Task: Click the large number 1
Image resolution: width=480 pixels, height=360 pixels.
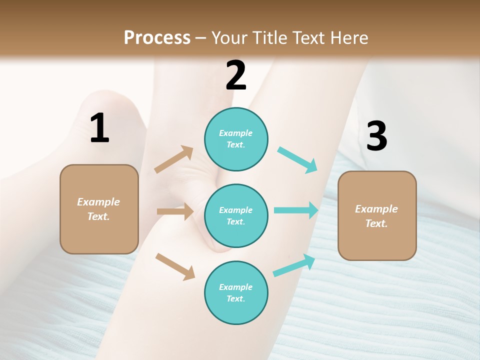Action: (x=99, y=128)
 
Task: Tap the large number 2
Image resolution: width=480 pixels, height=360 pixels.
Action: (x=236, y=75)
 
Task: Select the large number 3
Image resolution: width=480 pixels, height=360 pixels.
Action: (x=376, y=136)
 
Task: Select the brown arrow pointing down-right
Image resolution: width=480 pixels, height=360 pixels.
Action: (x=175, y=266)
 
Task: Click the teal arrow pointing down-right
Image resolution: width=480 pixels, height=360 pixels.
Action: (x=297, y=160)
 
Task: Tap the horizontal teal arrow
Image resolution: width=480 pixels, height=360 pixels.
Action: (x=296, y=210)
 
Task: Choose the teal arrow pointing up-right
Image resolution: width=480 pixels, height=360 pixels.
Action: (x=294, y=265)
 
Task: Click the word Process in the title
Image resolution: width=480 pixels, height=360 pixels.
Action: (x=157, y=37)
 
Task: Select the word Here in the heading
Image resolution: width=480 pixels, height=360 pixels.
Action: (x=348, y=37)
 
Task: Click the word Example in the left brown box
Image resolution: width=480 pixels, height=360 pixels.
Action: (x=98, y=202)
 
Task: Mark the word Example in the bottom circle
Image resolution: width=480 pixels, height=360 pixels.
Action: (x=236, y=287)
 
